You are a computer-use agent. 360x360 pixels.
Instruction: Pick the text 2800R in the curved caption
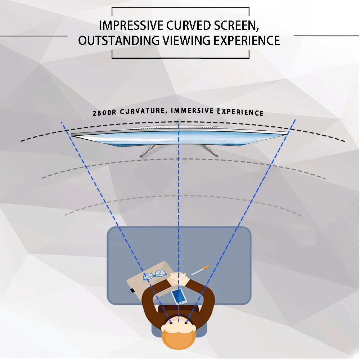[104, 112]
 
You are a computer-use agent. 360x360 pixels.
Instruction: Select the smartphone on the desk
[179, 296]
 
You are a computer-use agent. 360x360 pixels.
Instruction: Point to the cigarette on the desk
[200, 270]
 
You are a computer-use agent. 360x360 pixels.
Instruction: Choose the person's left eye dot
[171, 323]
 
